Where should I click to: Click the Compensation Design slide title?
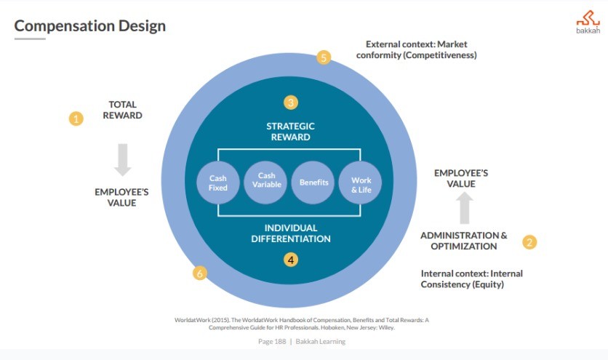click(90, 26)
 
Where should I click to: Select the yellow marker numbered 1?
click(76, 118)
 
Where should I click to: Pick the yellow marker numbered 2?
click(529, 242)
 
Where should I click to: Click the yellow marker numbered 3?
click(291, 103)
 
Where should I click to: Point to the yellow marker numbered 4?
click(291, 259)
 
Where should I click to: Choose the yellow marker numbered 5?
click(324, 57)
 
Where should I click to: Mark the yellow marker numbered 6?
click(200, 273)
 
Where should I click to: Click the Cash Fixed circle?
click(218, 183)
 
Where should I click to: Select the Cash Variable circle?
click(266, 180)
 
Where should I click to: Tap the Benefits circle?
click(314, 182)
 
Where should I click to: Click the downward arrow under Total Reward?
click(122, 158)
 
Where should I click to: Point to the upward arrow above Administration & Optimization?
click(465, 208)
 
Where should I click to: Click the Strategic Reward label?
click(290, 132)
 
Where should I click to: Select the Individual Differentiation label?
click(291, 233)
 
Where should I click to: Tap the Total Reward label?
click(122, 110)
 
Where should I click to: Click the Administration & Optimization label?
click(464, 241)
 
